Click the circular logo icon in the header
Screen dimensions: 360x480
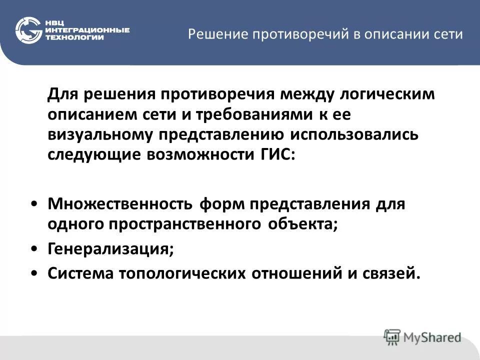(x=28, y=30)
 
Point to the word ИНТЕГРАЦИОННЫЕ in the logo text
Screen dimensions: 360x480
(x=87, y=30)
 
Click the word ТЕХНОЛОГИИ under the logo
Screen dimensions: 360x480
(x=74, y=37)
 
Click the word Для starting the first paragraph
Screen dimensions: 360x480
(x=62, y=94)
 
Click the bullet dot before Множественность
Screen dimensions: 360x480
(x=33, y=204)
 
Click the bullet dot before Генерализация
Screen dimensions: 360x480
(x=33, y=248)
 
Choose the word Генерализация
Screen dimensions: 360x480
(x=110, y=248)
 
